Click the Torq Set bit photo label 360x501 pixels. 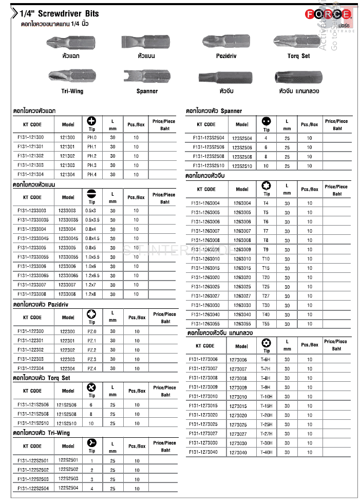point(298,56)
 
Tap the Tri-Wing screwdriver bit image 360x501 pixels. point(72,76)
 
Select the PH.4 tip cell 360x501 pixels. point(92,174)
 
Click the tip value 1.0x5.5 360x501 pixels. point(92,257)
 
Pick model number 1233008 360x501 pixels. point(67,294)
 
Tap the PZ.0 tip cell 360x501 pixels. point(92,331)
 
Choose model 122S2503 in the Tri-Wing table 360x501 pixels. point(68,479)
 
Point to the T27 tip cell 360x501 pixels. point(266,296)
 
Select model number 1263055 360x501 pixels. point(242,324)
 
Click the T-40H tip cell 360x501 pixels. point(266,452)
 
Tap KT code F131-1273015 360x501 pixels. point(203,406)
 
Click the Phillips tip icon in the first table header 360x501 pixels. point(92,121)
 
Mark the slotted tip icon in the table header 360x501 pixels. point(92,193)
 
